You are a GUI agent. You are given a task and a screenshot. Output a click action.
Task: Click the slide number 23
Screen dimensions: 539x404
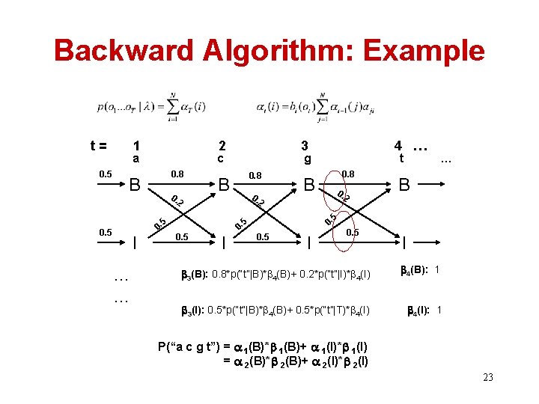487,377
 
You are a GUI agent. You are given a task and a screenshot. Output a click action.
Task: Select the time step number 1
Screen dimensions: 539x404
135,146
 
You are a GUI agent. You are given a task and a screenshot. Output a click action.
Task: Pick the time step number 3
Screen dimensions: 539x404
305,146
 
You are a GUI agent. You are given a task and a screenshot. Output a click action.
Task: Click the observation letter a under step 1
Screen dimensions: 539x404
135,159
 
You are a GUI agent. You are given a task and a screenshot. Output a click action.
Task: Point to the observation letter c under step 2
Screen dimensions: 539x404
221,159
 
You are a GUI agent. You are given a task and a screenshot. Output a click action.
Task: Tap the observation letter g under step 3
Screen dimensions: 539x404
307,160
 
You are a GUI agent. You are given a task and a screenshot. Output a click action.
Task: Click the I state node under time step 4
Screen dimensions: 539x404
404,242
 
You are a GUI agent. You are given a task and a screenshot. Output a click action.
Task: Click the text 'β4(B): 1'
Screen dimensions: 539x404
424,269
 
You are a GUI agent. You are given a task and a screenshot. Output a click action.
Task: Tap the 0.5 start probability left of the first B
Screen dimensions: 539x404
106,174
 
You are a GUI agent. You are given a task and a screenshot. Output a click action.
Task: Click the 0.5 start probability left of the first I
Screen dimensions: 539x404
106,233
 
